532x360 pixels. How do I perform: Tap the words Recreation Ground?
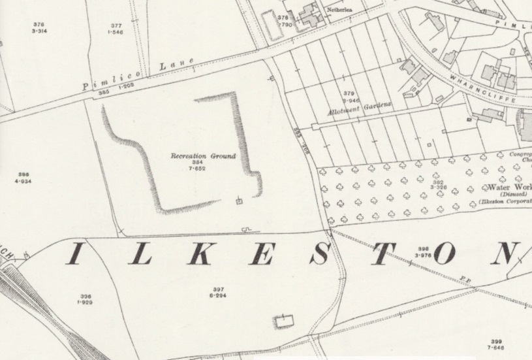(x=198, y=157)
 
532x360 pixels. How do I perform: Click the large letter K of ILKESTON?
(x=194, y=255)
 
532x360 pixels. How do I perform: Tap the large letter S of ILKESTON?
(x=318, y=255)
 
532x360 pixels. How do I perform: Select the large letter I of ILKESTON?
(x=74, y=255)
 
